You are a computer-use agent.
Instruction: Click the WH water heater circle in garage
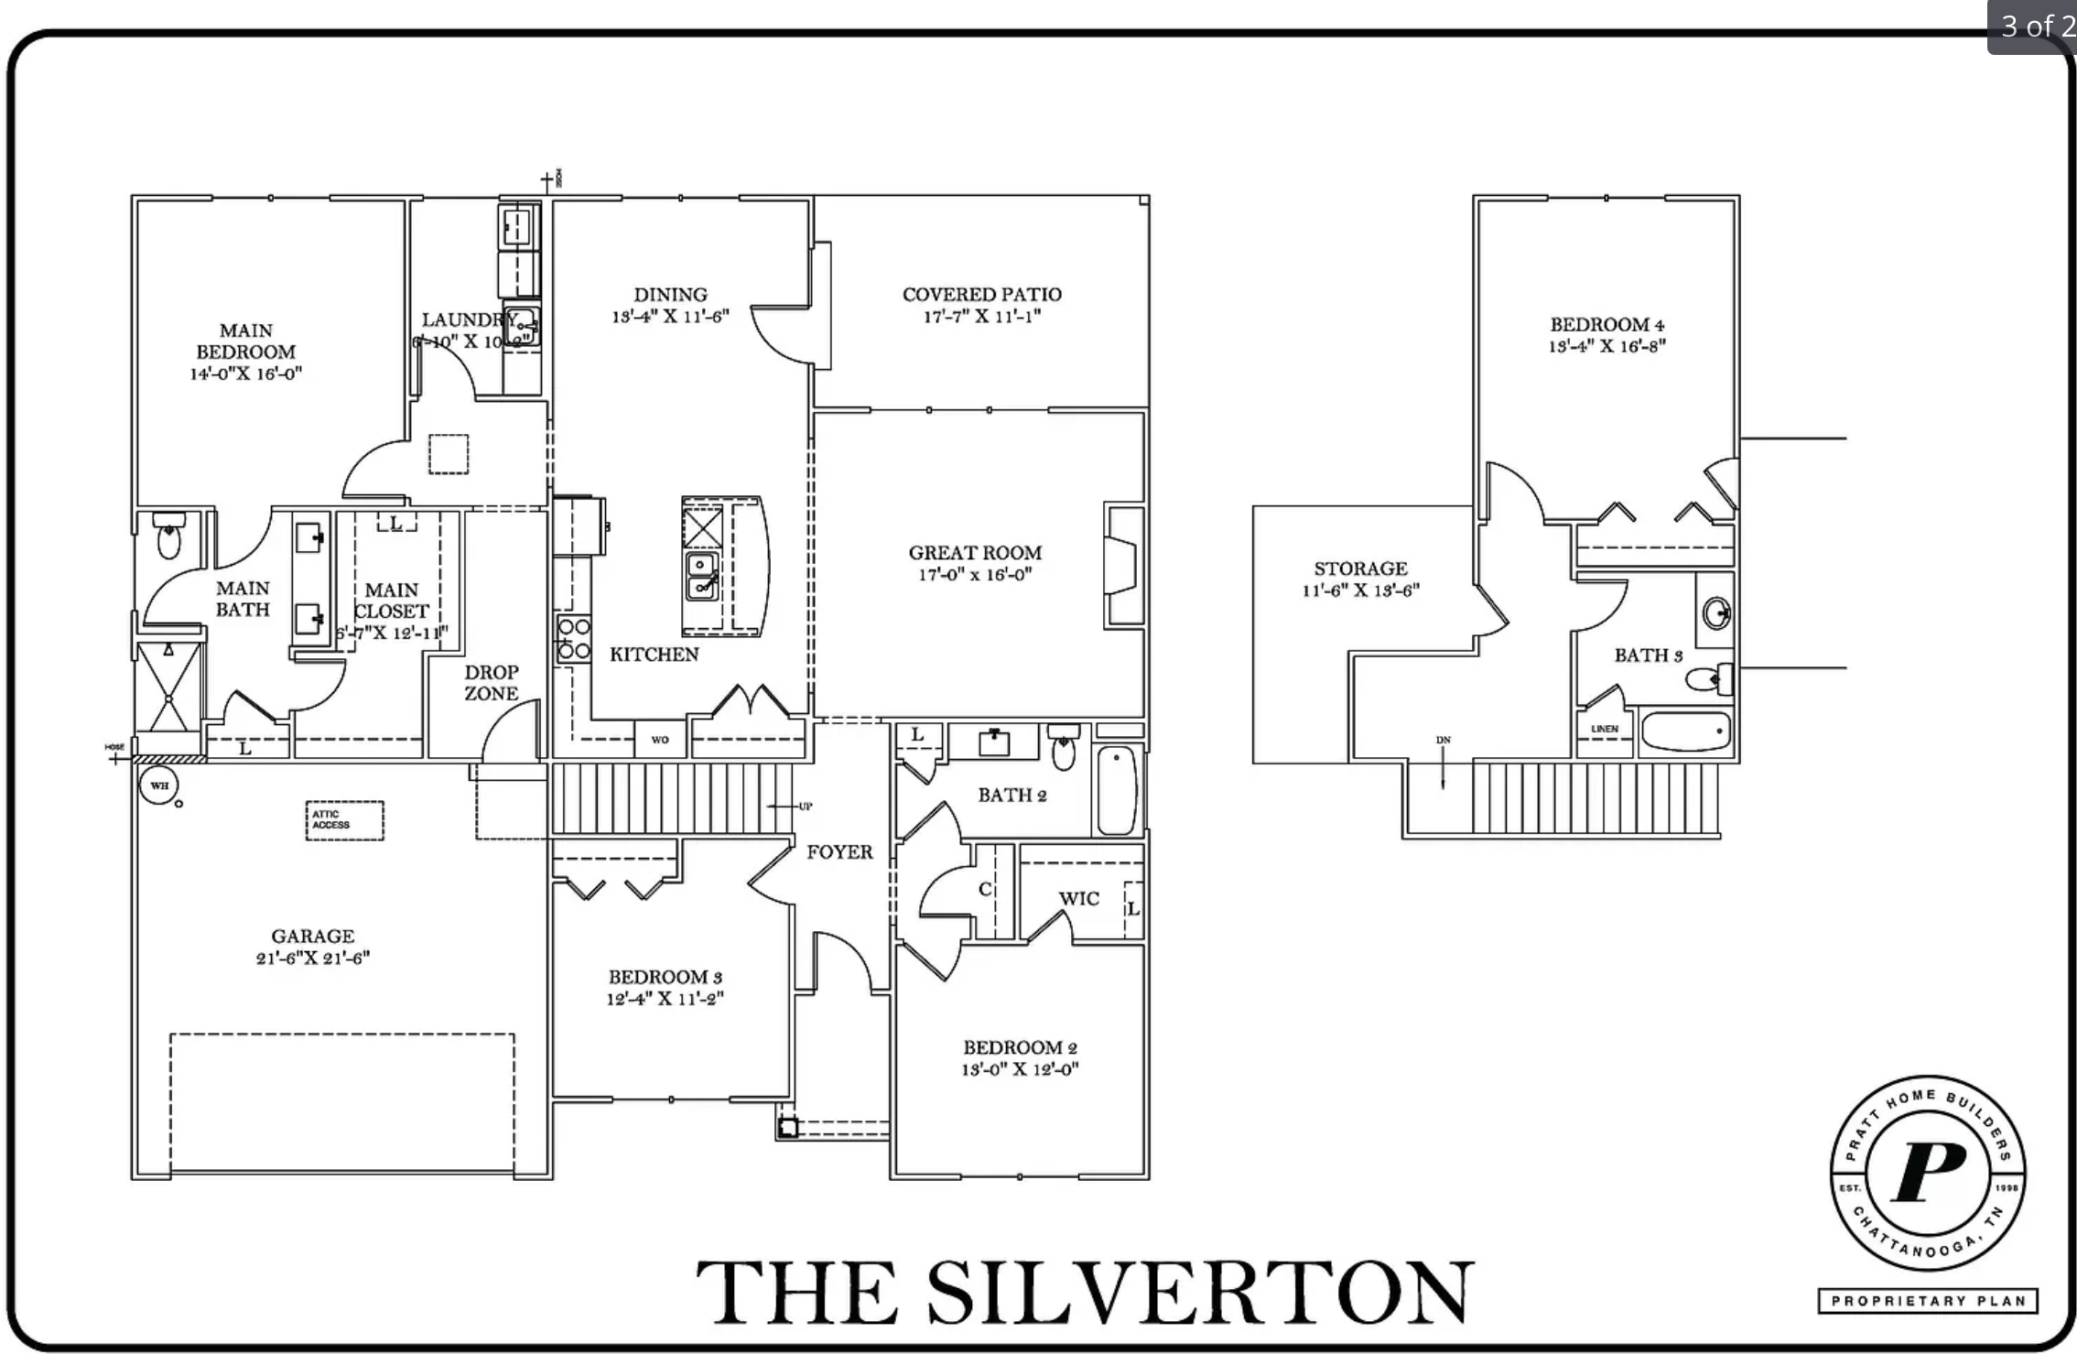158,785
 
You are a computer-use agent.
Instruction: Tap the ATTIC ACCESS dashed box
344,820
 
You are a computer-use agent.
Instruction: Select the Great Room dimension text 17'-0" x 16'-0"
975,575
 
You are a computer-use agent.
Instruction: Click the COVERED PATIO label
981,295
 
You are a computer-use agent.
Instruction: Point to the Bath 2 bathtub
1116,789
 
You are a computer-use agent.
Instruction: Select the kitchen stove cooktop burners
574,639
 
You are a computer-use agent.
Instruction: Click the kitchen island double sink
702,575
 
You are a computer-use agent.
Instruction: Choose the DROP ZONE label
491,683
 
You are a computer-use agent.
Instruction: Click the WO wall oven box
660,740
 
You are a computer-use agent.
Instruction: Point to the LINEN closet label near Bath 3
1604,730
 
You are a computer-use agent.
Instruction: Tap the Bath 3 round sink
1716,612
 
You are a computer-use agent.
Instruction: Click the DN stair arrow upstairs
1444,764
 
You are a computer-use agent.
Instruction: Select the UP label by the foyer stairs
805,807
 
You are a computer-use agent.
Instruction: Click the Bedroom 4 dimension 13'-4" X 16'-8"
1606,346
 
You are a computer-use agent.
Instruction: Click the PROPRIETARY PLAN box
1927,1301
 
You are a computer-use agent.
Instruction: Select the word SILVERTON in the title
1199,1293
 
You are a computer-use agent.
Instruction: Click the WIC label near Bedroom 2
1078,899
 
